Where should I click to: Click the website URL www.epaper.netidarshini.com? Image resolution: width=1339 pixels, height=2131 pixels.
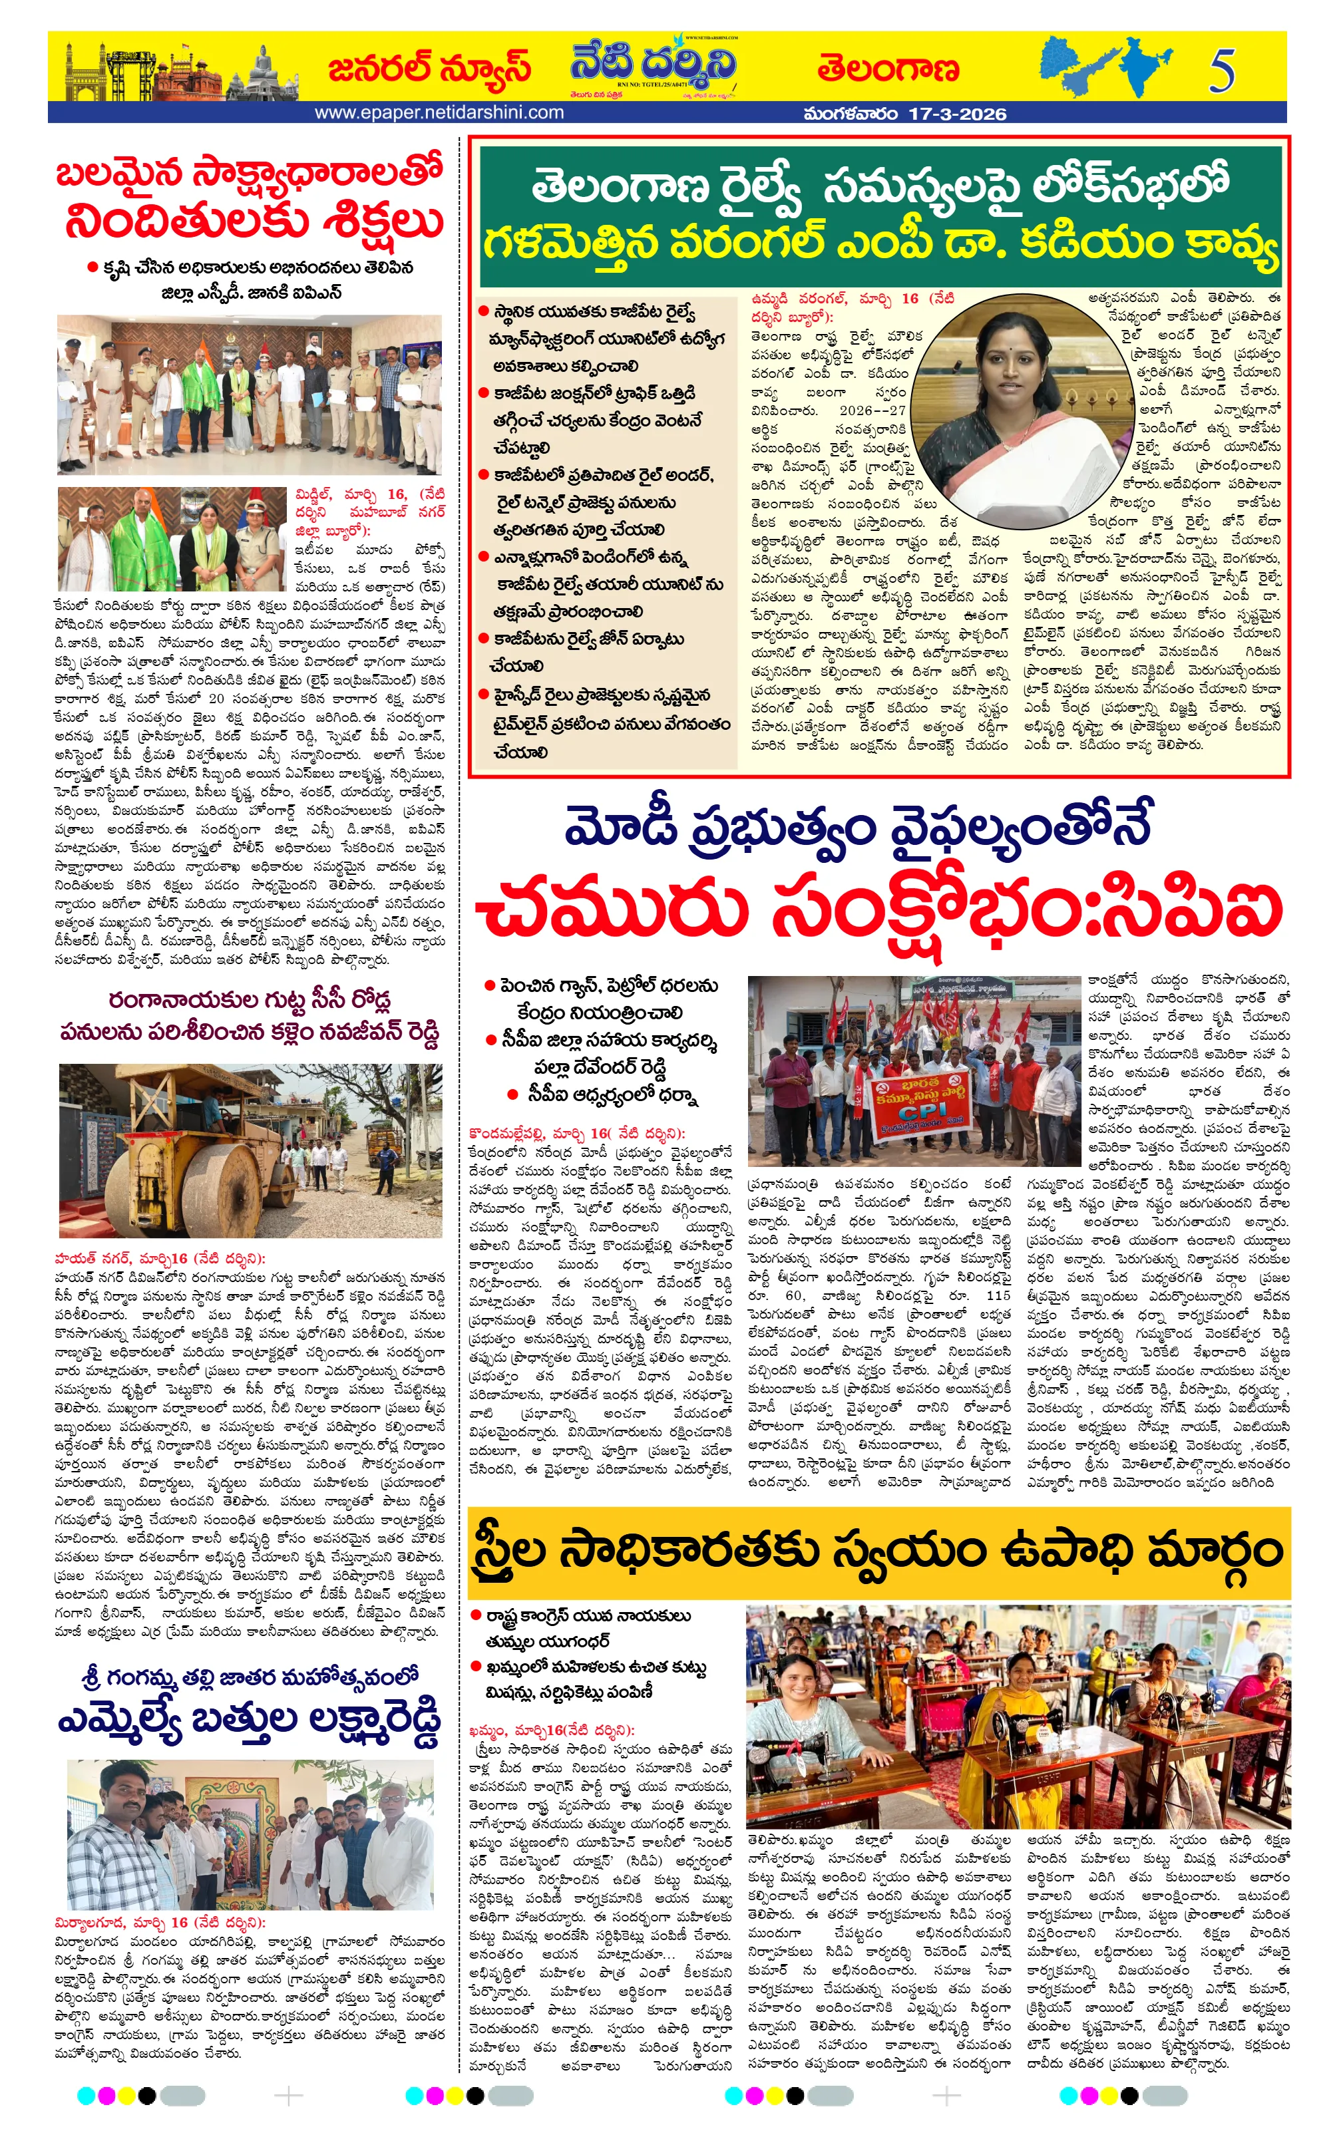[x=439, y=113]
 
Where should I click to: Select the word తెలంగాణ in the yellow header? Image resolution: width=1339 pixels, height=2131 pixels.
[x=888, y=69]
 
